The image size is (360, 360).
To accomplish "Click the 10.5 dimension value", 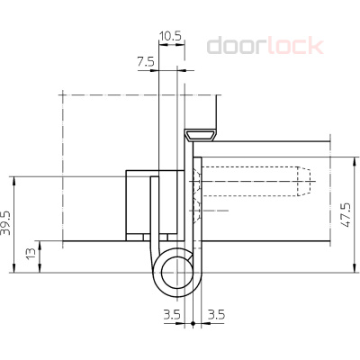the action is coord(170,36).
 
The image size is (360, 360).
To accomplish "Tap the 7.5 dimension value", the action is coord(146,62).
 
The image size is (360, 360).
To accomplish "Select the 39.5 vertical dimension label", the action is coord(5,223).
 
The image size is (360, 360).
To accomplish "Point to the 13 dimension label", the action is coord(31,254).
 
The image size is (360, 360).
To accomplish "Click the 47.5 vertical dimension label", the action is coord(346,215).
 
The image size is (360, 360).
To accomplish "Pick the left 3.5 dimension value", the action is coord(172,315).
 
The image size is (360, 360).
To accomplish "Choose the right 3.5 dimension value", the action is coord(216,315).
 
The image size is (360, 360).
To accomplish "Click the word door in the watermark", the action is coord(237,46).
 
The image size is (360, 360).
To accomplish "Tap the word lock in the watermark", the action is coord(295,46).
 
